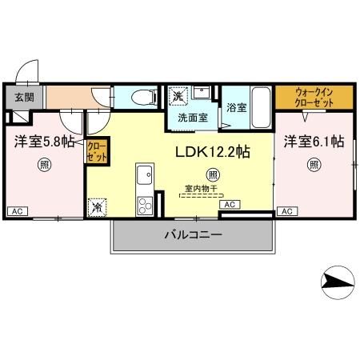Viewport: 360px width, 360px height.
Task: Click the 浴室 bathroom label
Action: click(x=235, y=106)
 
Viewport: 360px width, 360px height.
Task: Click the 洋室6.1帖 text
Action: click(x=314, y=141)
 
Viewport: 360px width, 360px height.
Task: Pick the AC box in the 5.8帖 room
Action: click(x=16, y=211)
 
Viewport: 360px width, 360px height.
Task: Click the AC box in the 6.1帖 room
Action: click(x=285, y=211)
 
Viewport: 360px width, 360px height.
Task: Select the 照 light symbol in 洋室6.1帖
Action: click(x=314, y=166)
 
